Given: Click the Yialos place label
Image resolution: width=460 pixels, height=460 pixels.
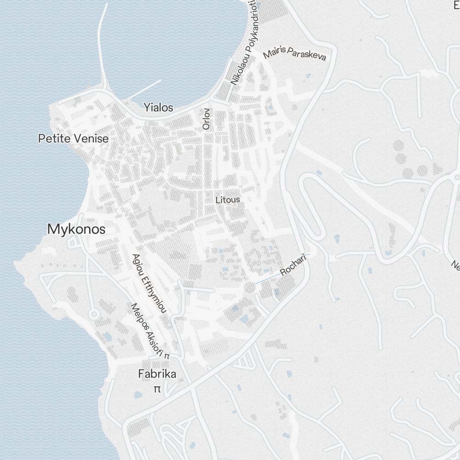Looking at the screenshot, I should (158, 108).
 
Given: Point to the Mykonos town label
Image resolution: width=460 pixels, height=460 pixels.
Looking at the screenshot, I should (76, 229).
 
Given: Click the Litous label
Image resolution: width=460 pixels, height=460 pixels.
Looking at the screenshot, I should (228, 200).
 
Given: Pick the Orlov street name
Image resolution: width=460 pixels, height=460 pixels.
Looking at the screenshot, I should (206, 119).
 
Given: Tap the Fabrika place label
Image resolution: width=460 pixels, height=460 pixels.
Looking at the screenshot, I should (157, 374).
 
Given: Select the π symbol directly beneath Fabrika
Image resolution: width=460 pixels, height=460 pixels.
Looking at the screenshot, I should (157, 389).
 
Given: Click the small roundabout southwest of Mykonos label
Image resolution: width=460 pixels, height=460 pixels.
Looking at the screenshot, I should (94, 314).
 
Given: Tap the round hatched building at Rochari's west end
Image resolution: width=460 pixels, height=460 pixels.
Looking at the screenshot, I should (249, 287).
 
